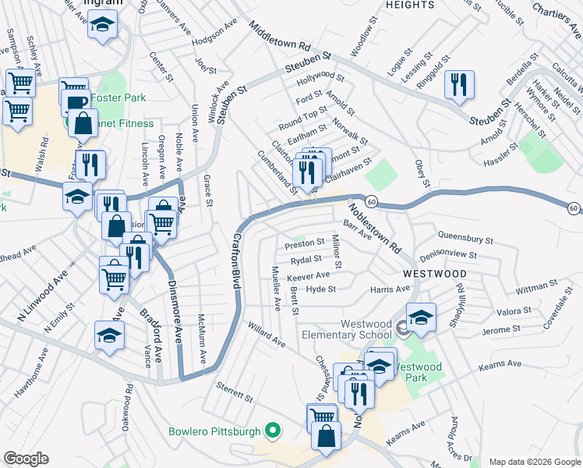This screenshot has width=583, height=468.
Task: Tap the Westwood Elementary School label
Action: [366, 330]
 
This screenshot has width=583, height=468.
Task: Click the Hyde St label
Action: [321, 289]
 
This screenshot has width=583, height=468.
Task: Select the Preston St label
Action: [304, 243]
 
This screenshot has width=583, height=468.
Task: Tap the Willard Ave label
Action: [267, 335]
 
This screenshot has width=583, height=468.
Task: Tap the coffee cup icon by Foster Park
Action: [76, 103]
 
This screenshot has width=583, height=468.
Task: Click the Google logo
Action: [26, 459]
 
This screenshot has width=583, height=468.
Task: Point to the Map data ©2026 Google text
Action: [534, 462]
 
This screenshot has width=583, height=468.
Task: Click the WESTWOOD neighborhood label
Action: [435, 275]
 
